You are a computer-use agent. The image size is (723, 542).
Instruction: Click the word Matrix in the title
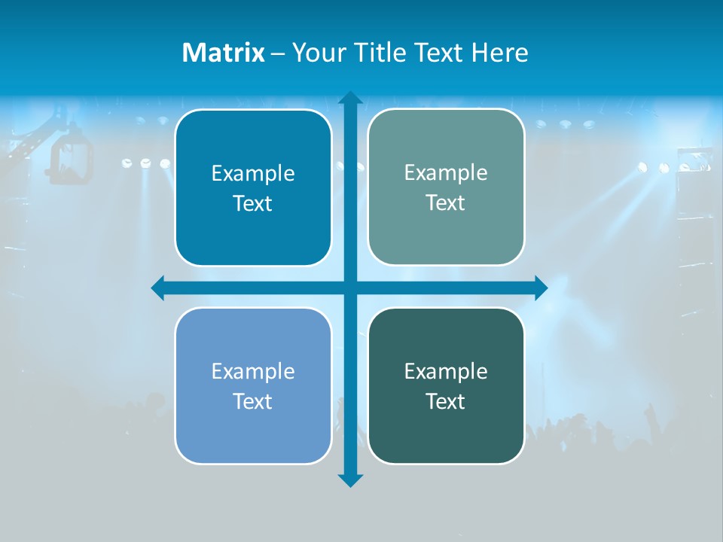point(224,53)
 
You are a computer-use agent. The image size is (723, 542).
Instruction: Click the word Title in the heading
point(382,53)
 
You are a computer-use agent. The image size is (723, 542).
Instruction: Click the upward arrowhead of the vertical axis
point(350,99)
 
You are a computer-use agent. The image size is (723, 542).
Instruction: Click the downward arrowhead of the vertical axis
point(350,480)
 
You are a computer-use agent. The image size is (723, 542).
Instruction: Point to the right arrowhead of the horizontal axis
point(540,288)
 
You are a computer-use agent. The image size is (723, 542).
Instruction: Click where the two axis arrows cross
point(350,288)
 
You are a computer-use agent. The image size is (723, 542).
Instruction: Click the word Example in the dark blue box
point(253,174)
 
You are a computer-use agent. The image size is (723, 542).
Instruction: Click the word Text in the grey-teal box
point(446,203)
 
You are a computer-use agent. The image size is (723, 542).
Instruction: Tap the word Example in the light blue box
point(253,372)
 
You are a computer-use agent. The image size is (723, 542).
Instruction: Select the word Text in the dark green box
point(446,402)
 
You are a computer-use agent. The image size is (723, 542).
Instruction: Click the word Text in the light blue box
point(253,402)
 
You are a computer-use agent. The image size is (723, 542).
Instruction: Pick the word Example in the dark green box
point(446,372)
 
